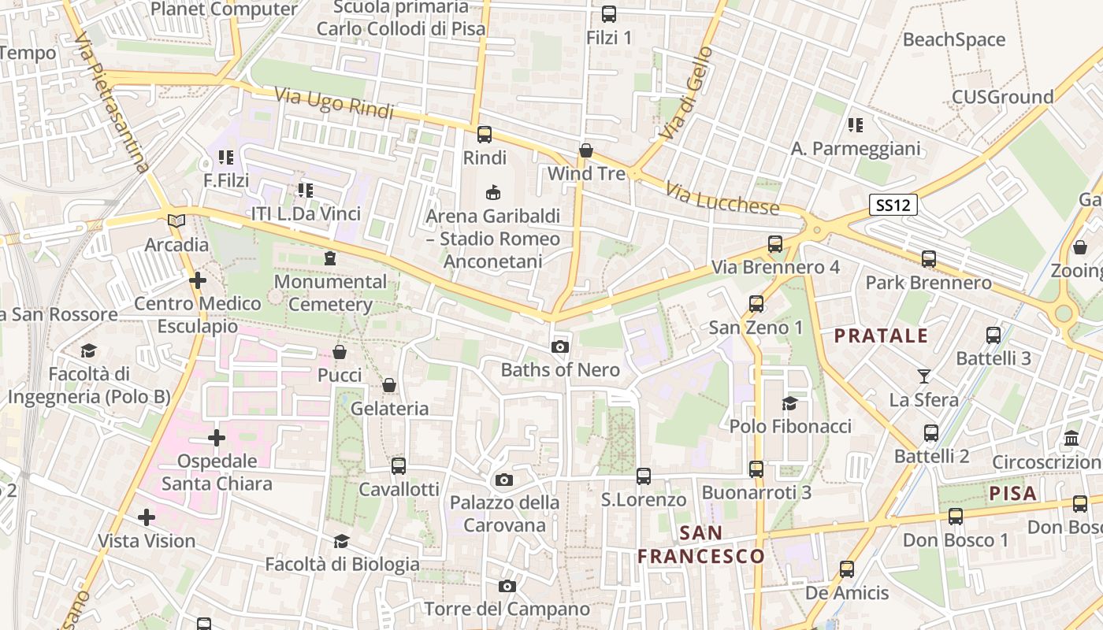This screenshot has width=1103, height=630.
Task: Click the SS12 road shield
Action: click(894, 206)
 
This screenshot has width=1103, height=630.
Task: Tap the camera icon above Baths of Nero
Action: click(560, 346)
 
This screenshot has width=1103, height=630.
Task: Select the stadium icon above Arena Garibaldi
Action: click(493, 192)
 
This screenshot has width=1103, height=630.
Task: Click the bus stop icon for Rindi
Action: click(485, 135)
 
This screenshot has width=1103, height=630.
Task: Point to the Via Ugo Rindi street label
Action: click(334, 103)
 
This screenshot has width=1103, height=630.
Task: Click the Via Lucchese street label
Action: click(722, 199)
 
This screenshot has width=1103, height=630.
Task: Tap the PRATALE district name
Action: click(881, 336)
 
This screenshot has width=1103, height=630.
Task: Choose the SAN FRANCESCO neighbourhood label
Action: click(701, 545)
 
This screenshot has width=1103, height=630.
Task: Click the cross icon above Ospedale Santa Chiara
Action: click(217, 437)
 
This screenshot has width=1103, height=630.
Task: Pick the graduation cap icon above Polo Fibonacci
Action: click(789, 403)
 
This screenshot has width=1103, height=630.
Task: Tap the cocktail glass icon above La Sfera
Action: click(924, 376)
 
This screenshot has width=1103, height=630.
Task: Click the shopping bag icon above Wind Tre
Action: click(585, 150)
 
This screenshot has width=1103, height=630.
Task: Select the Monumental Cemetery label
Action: click(331, 293)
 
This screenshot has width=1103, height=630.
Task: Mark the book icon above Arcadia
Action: click(176, 221)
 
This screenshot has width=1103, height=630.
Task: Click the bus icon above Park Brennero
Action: click(929, 258)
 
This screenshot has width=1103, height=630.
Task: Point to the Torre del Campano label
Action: click(507, 609)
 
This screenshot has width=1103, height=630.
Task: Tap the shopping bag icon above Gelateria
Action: click(389, 385)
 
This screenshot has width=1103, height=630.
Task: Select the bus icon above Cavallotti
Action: click(399, 465)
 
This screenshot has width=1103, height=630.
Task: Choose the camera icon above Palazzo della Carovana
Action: click(504, 480)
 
